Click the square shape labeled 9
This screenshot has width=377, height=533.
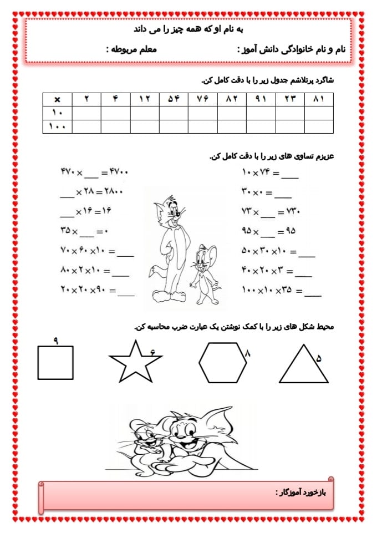tap(55, 362)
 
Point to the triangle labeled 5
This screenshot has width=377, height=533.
tap(304, 366)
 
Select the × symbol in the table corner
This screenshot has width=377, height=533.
tap(58, 99)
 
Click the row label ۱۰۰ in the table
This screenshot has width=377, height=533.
tap(58, 127)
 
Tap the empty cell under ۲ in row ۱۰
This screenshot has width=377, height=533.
tap(87, 113)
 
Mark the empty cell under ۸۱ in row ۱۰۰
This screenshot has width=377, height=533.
tap(319, 127)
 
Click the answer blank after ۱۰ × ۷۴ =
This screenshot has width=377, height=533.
tap(289, 176)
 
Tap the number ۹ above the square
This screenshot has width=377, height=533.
tap(56, 339)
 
